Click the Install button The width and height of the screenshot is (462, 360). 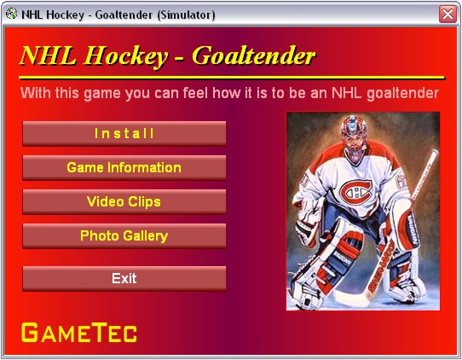pyautogui.click(x=124, y=134)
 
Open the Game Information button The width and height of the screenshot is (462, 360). pyautogui.click(x=124, y=167)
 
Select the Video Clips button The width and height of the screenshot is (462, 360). pyautogui.click(x=124, y=201)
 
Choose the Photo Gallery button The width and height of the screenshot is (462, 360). pyautogui.click(x=124, y=235)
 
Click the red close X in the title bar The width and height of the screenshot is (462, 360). pyautogui.click(x=448, y=14)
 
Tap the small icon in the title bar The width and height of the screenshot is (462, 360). pyautogui.click(x=11, y=14)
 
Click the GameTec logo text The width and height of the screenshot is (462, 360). pyautogui.click(x=79, y=333)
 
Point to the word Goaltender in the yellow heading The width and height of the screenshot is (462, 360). pyautogui.click(x=254, y=55)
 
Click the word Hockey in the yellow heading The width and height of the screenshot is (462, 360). pyautogui.click(x=126, y=56)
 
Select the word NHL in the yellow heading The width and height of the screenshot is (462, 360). pyautogui.click(x=49, y=55)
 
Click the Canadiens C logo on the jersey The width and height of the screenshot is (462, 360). pyautogui.click(x=356, y=193)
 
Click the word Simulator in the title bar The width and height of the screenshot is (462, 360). pyautogui.click(x=186, y=15)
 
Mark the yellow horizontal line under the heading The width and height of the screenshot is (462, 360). pyautogui.click(x=232, y=78)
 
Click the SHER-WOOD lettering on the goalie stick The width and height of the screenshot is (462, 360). pyautogui.click(x=381, y=266)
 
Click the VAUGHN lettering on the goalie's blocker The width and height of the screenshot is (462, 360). pyautogui.click(x=413, y=231)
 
